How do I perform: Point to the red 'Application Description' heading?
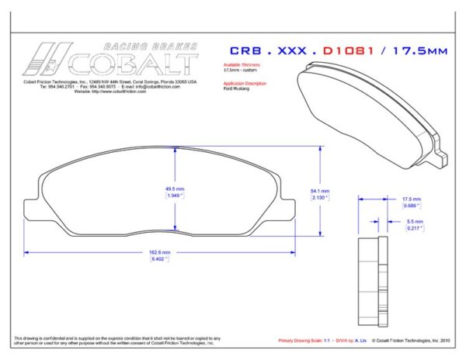point(245,83)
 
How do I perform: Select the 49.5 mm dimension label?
point(175,189)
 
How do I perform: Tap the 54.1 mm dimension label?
point(320,191)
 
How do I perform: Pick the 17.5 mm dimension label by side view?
point(411,199)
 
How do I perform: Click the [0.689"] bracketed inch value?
point(411,206)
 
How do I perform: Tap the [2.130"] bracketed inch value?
point(320,197)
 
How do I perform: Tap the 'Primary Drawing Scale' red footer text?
point(304,341)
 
